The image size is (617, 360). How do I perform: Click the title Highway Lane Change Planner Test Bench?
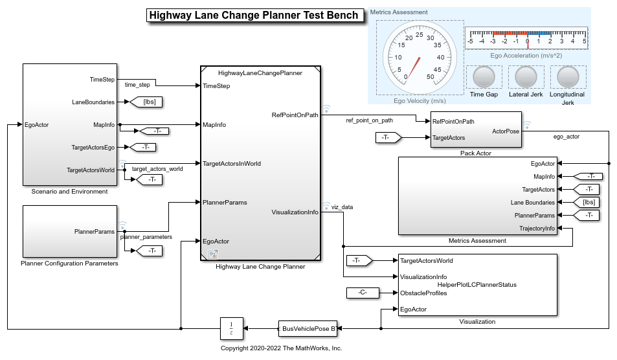pyautogui.click(x=253, y=16)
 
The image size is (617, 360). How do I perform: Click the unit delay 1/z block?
pyautogui.click(x=231, y=329)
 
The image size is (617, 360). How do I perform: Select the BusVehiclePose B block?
pyautogui.click(x=308, y=329)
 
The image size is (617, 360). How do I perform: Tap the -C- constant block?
pyautogui.click(x=362, y=293)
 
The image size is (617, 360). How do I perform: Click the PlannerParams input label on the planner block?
pyautogui.click(x=225, y=203)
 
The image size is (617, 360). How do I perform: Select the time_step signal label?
pyautogui.click(x=137, y=85)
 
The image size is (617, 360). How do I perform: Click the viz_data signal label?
pyautogui.click(x=343, y=207)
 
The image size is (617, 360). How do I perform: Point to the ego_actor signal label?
pyautogui.click(x=567, y=137)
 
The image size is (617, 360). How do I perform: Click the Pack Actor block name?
pyautogui.click(x=475, y=153)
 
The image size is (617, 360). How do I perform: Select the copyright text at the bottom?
pyautogui.click(x=281, y=348)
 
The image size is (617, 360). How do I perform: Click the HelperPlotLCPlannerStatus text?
pyautogui.click(x=476, y=284)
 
